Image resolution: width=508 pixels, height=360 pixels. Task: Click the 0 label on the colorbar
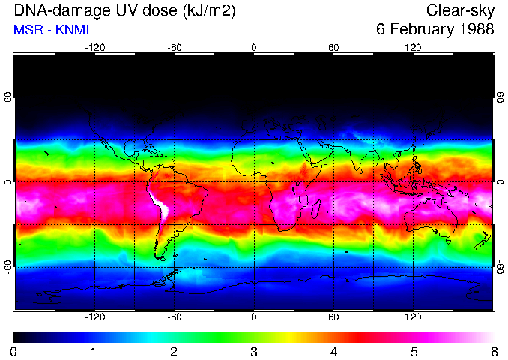point(13,351)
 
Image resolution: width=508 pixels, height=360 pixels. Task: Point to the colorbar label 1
point(94,351)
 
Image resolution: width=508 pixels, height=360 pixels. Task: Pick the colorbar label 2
point(173,351)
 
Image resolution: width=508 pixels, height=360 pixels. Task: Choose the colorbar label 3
point(253,351)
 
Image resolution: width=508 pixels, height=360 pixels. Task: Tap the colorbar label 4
point(333,351)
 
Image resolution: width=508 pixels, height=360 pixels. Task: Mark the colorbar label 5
point(414,351)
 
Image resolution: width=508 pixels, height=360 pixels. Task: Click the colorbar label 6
point(493,351)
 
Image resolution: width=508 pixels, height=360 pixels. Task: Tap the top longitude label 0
point(254,47)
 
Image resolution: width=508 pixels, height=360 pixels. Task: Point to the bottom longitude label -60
point(174,317)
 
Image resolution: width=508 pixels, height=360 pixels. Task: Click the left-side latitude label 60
point(7,97)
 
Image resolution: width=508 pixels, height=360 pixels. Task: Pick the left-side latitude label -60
point(7,267)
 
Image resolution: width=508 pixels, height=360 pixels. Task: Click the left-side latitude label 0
point(7,182)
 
